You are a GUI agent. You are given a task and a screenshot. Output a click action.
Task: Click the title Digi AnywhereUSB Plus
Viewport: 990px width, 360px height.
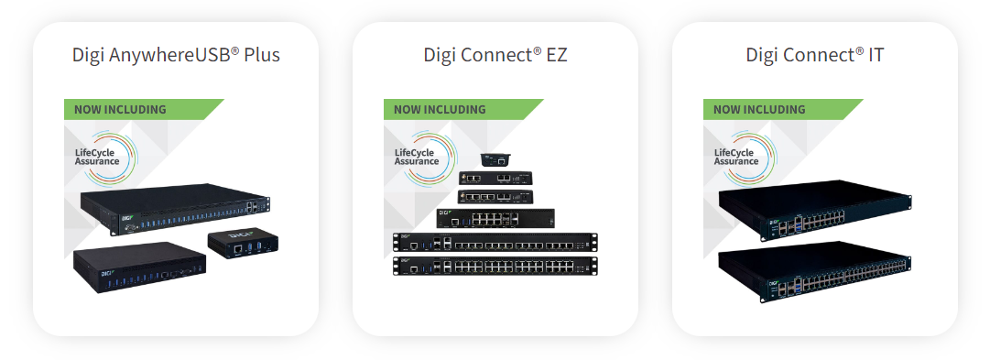pos(176,55)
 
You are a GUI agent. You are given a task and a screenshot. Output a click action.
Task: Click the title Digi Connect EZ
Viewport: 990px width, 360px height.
pos(495,55)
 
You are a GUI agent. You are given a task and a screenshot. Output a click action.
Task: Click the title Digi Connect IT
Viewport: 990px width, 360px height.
pos(814,55)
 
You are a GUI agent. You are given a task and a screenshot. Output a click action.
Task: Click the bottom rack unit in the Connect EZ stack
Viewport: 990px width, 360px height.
pos(495,267)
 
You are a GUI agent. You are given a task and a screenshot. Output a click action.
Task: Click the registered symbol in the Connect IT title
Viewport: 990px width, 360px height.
pos(859,49)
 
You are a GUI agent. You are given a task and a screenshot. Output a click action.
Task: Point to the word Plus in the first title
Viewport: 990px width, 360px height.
pos(262,55)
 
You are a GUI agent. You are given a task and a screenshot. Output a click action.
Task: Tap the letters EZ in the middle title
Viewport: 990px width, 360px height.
pos(557,55)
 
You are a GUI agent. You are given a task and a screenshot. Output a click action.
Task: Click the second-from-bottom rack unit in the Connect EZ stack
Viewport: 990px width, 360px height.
pos(495,244)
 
